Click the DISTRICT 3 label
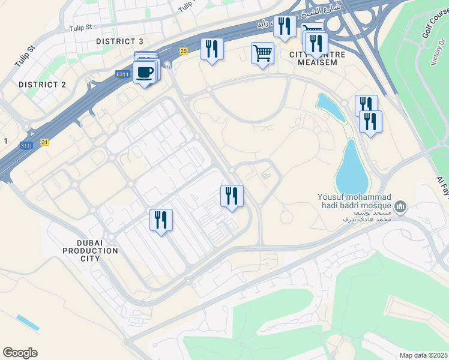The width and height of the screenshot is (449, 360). (x=120, y=41)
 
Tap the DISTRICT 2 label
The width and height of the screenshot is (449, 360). (x=42, y=85)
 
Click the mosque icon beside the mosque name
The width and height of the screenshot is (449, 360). (x=402, y=208)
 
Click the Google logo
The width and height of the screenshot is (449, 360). (x=20, y=353)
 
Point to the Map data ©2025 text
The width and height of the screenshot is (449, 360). (x=423, y=355)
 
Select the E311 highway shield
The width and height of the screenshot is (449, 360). (x=123, y=74)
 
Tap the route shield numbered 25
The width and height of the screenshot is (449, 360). (x=184, y=51)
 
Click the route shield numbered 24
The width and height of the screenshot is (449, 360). (x=44, y=142)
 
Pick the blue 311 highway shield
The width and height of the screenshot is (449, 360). (x=25, y=145)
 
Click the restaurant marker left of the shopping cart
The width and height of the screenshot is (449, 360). (x=211, y=49)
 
